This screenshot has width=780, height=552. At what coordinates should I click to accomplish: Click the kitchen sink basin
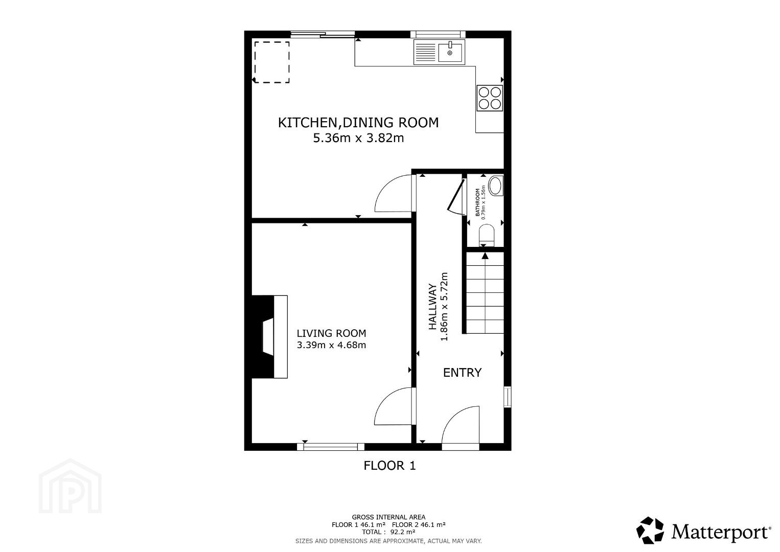(450, 52)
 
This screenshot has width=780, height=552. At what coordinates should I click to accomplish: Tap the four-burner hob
(490, 98)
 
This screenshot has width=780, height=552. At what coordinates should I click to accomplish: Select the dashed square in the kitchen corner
(272, 62)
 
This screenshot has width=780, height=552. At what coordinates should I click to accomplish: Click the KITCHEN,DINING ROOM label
(358, 123)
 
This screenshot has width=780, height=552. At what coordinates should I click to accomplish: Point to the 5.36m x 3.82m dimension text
(358, 139)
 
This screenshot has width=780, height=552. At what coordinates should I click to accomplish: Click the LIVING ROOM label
(332, 333)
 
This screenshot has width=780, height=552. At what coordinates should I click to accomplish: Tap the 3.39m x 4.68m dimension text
(332, 345)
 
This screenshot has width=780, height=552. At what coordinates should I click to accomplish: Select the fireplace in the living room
(270, 337)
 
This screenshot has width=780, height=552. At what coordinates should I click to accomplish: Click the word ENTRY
(462, 373)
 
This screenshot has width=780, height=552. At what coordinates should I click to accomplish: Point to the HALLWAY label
(432, 307)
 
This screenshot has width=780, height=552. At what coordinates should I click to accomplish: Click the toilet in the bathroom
(487, 236)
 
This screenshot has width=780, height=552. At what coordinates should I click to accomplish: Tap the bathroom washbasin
(496, 186)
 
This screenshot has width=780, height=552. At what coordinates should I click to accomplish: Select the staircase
(485, 293)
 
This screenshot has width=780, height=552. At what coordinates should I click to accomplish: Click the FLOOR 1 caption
(389, 466)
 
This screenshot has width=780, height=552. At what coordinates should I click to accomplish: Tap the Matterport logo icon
(650, 531)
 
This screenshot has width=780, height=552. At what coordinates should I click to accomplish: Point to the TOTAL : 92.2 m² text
(388, 532)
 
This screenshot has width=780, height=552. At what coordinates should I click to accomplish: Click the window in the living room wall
(331, 447)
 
